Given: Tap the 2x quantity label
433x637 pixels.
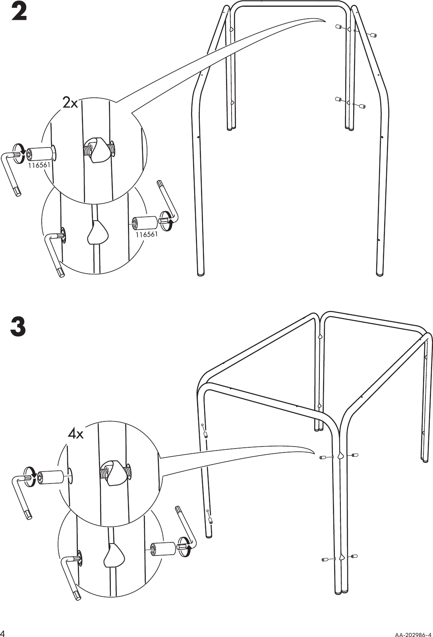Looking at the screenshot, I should tap(71, 104).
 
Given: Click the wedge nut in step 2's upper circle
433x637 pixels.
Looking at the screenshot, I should tap(97, 150).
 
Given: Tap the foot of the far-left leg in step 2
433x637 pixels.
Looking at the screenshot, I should tap(201, 273).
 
